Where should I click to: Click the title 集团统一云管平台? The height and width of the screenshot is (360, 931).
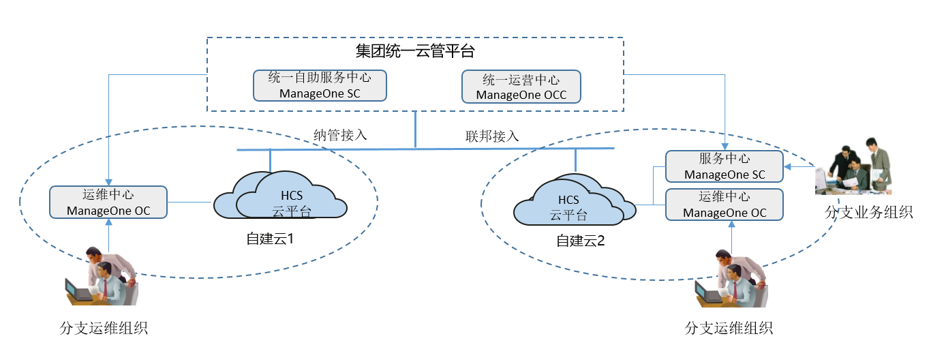click(415, 51)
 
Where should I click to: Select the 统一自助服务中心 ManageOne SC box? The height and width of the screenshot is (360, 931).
click(320, 85)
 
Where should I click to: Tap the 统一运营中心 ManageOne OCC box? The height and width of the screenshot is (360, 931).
click(521, 87)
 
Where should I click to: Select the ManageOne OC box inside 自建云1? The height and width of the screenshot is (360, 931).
click(108, 202)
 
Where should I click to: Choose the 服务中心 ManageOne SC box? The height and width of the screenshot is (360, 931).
click(724, 166)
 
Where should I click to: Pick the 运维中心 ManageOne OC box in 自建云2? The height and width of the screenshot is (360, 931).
click(724, 205)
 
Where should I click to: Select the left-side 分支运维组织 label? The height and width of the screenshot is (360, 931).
click(104, 328)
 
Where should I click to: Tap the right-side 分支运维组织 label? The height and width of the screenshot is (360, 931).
click(729, 328)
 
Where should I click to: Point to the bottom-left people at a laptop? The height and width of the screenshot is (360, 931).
click(102, 278)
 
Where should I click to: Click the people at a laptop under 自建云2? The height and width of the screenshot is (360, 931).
click(732, 279)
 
